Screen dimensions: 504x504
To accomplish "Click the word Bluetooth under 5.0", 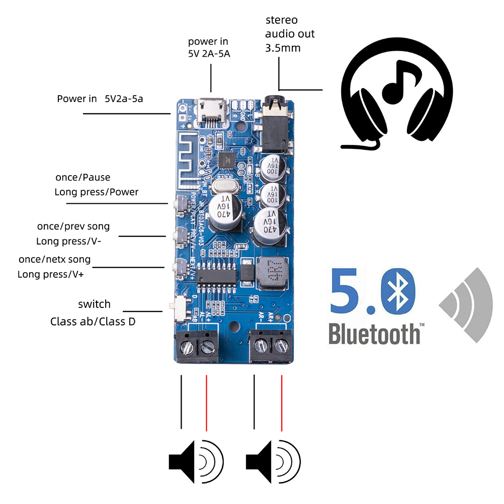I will click(374, 333).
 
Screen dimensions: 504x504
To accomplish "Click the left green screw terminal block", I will click(197, 346).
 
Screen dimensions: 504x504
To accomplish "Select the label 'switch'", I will click(94, 304).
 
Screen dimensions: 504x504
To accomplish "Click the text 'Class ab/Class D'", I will click(93, 321).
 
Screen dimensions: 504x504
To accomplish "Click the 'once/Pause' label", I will click(82, 178).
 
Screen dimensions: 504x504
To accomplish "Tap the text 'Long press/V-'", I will click(68, 241).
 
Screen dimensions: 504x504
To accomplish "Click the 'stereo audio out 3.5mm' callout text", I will click(289, 34).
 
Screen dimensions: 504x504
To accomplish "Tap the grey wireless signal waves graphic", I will click(466, 304).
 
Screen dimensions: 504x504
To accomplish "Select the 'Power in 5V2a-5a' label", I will click(100, 99).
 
